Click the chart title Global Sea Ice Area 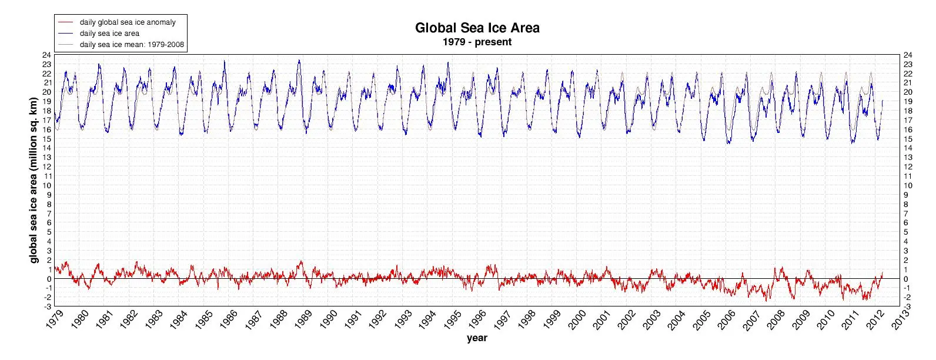[x=477, y=28]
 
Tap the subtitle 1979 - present [x=477, y=42]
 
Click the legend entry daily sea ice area [x=109, y=34]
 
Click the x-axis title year [x=477, y=338]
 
